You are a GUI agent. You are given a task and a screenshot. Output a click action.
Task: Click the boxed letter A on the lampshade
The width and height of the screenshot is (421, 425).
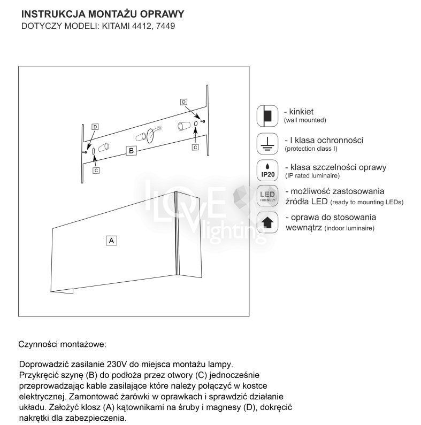pos(111,240)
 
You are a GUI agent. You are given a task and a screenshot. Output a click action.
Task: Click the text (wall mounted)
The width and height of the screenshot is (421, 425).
pos(305,121)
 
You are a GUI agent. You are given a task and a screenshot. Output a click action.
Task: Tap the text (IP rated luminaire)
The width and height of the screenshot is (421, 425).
pos(312,175)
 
